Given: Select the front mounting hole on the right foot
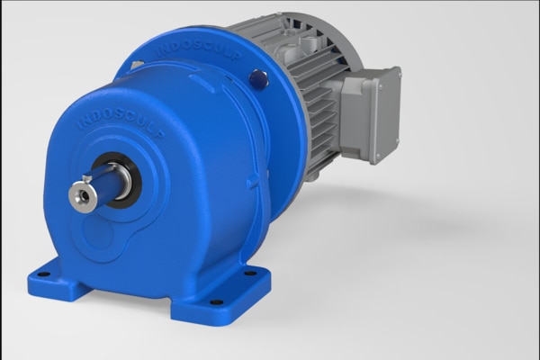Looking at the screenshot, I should click(x=216, y=301).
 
